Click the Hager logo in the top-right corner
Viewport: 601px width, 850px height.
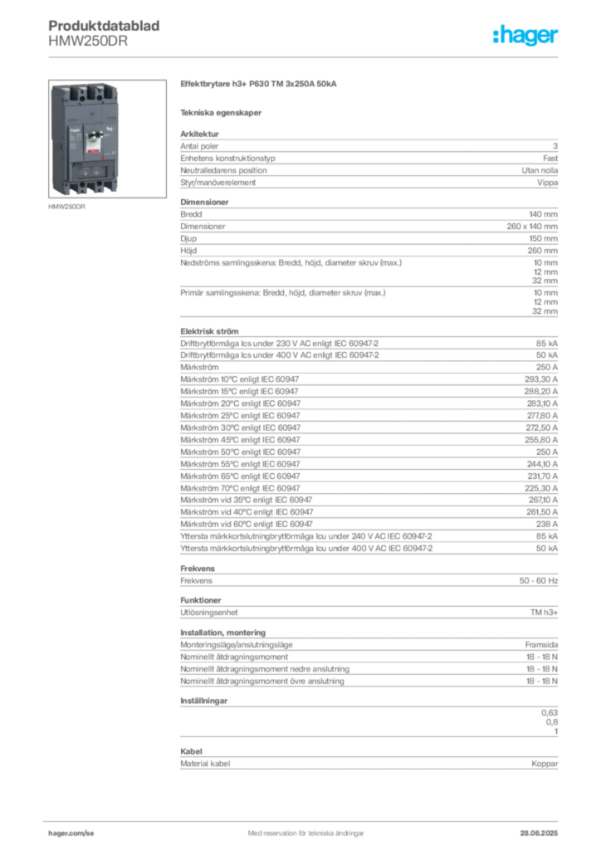526,36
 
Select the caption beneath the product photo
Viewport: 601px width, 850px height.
66,208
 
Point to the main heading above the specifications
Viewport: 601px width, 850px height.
258,85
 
